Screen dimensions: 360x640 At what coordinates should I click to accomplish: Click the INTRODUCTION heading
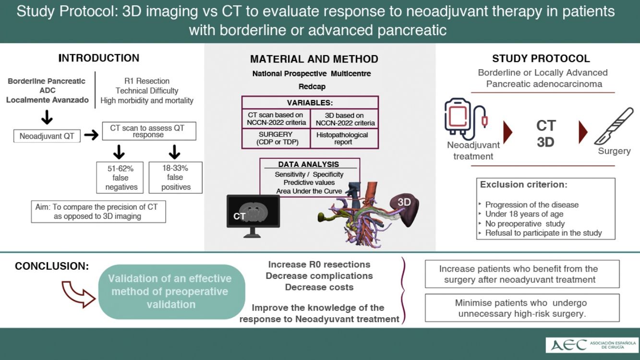99,58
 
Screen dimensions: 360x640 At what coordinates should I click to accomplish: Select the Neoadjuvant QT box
47,136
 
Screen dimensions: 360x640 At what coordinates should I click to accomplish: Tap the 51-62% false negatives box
121,178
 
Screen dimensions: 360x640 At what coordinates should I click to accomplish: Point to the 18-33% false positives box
176,178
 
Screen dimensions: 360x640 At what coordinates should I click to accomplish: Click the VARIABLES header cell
310,103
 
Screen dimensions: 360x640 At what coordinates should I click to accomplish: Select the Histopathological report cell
342,138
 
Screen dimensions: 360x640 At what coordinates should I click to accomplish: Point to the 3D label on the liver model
404,202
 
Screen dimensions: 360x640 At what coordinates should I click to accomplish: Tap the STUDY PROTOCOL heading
541,59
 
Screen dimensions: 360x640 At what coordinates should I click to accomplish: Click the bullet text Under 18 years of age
524,214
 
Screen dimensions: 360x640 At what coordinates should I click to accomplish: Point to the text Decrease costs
319,288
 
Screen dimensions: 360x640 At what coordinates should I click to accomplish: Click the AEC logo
592,345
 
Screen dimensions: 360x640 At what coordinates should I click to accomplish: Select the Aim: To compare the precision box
98,211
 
